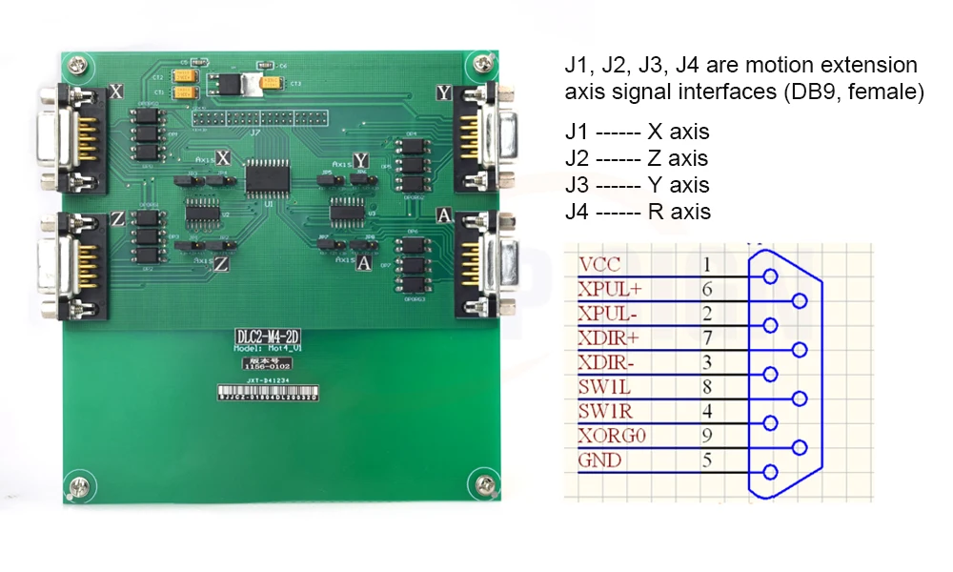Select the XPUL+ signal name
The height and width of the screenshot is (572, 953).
coord(610,289)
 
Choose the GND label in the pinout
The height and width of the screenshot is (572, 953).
coord(600,461)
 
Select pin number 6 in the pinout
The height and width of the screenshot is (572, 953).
coord(707,289)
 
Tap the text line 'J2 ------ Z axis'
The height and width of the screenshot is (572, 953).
coord(637,158)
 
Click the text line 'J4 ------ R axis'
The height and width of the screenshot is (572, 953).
coord(638,212)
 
